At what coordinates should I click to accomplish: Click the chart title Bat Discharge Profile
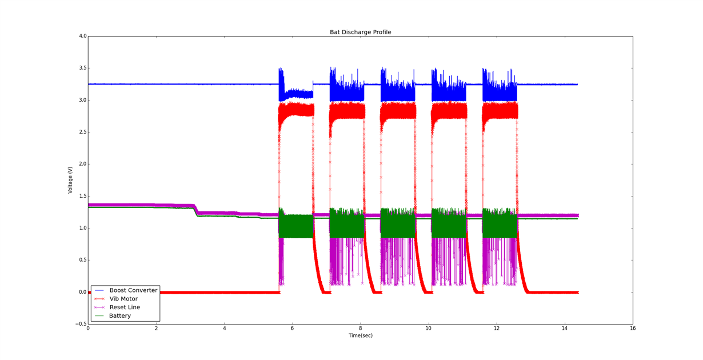(360, 32)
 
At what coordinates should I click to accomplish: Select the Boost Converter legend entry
(133, 290)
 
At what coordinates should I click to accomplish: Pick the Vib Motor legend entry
(123, 299)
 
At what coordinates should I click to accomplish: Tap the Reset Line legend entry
(125, 307)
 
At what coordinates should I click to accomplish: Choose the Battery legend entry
(120, 315)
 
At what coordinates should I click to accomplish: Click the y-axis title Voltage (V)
(70, 180)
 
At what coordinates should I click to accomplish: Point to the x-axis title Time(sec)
(360, 335)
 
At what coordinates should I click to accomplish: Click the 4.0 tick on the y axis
(82, 36)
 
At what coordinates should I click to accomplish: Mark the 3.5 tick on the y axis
(82, 68)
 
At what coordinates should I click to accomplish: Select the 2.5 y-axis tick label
(82, 132)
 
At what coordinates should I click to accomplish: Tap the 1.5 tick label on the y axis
(82, 196)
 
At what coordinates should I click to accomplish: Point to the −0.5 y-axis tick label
(81, 324)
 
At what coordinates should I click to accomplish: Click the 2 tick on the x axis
(156, 329)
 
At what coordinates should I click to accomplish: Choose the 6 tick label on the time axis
(292, 329)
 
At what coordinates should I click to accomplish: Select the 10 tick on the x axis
(429, 329)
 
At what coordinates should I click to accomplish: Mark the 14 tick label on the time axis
(565, 329)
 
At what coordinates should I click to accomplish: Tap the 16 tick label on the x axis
(633, 329)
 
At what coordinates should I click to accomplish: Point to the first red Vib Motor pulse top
(296, 109)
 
